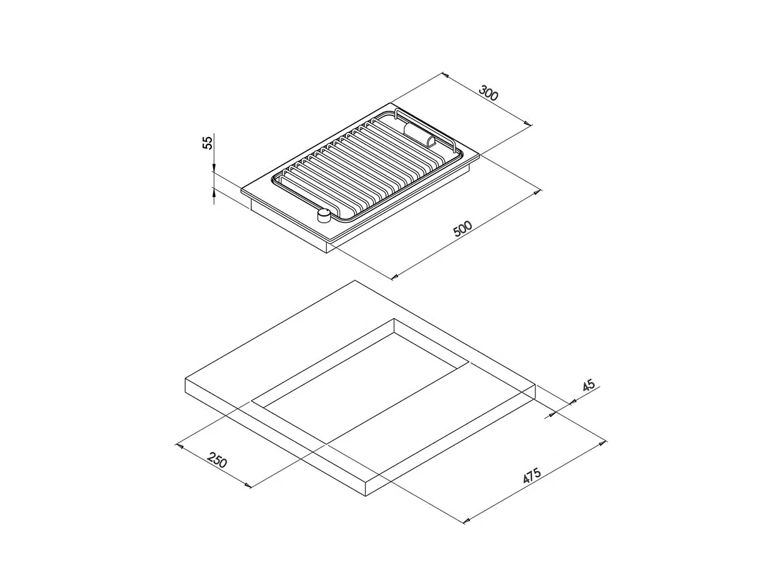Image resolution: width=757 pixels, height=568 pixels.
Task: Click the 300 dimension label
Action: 488,93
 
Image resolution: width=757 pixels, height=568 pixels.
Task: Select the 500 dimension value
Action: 462,228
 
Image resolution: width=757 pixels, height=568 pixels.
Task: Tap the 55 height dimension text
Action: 208,143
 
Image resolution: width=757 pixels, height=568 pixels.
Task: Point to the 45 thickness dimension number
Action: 589,385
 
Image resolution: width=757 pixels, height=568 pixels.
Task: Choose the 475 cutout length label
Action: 532,476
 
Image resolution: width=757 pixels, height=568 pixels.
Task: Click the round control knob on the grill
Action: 324,216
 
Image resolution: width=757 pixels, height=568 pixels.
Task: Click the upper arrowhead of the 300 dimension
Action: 445,75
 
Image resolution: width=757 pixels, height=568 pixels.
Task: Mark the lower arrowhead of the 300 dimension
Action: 528,124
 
